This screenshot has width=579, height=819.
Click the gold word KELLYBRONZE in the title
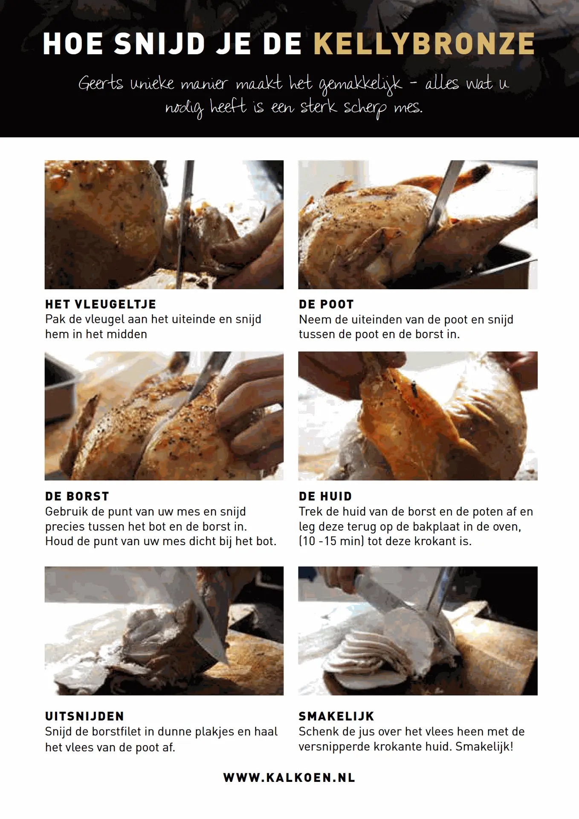click(x=424, y=44)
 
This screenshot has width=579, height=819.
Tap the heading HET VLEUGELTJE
click(x=101, y=304)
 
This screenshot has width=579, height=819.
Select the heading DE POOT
click(x=326, y=304)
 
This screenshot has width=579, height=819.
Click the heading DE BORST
click(x=77, y=496)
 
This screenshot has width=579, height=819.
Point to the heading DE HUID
click(x=325, y=496)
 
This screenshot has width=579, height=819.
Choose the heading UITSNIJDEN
click(x=85, y=716)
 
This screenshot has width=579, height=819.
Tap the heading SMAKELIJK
click(x=336, y=716)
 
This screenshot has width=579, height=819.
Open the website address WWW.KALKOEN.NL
click(x=289, y=778)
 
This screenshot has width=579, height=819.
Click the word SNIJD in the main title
click(x=160, y=44)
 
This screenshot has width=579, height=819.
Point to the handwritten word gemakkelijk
click(x=360, y=84)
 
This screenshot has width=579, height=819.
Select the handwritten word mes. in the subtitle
click(x=408, y=107)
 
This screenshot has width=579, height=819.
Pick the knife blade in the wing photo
click(x=185, y=222)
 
